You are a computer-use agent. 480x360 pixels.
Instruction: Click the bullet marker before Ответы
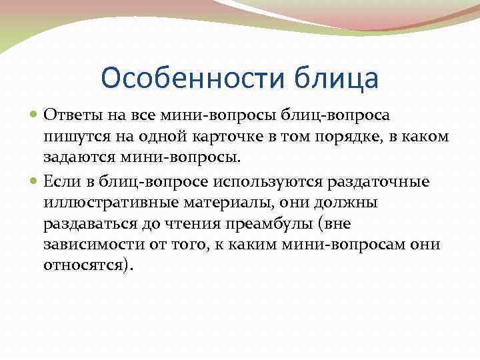point(36,114)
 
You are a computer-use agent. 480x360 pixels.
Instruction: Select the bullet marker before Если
point(36,181)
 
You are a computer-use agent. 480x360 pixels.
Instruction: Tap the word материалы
point(217,202)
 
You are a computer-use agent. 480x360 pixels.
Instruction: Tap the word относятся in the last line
point(87,265)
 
